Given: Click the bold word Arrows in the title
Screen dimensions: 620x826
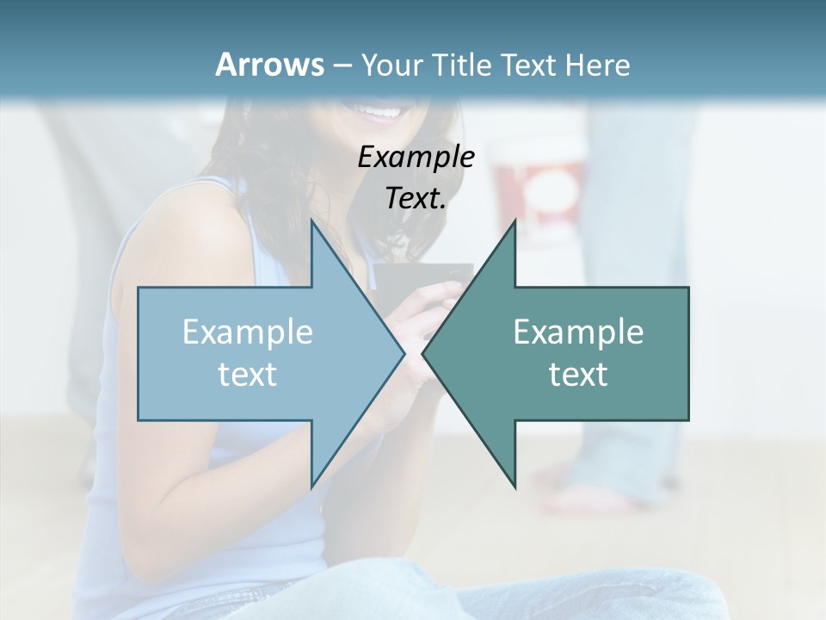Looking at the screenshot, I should (269, 65).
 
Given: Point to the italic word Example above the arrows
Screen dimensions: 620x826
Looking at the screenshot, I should (416, 157).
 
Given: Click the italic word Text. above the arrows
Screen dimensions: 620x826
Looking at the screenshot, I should (416, 198).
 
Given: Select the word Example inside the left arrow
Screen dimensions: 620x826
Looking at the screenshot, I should (248, 332).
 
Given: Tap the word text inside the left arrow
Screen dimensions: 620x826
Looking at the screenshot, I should (248, 374).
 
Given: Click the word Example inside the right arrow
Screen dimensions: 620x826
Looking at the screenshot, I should (578, 332).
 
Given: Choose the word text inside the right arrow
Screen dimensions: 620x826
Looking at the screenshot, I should (578, 374).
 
